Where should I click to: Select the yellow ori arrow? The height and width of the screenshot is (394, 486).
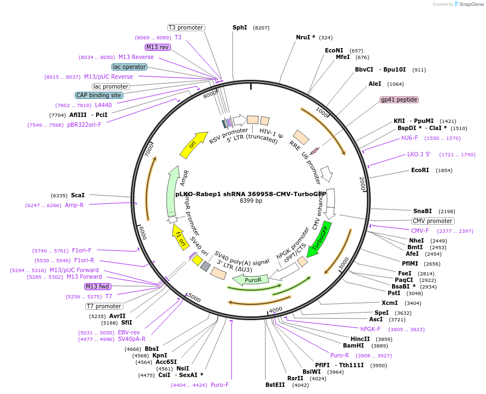(x=193, y=145)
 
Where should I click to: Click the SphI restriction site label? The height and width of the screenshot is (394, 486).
(x=240, y=27)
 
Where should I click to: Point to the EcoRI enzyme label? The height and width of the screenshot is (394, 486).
(x=420, y=170)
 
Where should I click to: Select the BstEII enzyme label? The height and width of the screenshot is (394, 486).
(x=275, y=385)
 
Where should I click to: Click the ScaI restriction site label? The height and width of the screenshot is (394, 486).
(x=78, y=195)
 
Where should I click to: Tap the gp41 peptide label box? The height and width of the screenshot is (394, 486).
(x=399, y=99)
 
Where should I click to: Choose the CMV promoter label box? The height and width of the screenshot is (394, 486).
(x=432, y=221)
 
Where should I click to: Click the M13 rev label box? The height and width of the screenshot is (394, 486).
(x=157, y=47)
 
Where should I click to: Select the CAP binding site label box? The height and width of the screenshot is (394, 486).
(x=99, y=95)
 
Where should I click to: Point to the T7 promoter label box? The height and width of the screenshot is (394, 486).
(x=104, y=306)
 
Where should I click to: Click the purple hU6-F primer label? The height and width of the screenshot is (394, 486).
(x=410, y=138)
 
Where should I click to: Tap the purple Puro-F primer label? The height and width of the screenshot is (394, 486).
(x=220, y=385)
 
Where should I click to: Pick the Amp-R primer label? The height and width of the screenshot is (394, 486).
(x=74, y=205)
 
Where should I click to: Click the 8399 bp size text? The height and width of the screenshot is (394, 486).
(x=251, y=201)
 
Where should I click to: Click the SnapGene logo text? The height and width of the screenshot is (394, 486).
(x=471, y=4)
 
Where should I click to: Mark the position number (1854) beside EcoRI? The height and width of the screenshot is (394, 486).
(x=444, y=170)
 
